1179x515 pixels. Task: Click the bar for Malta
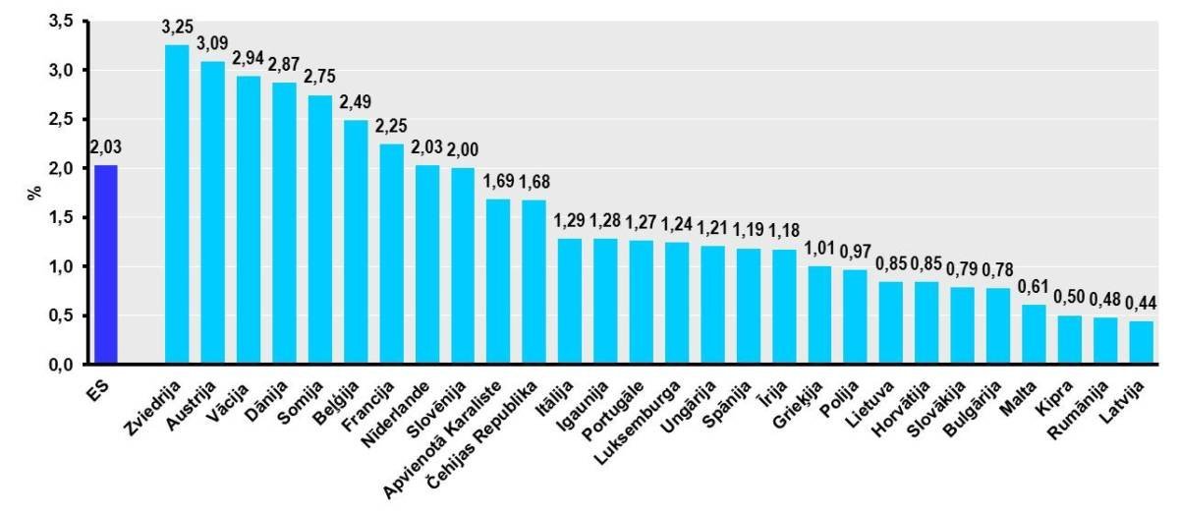[1034, 334]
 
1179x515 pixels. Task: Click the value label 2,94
[248, 59]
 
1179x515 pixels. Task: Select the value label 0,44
[1141, 303]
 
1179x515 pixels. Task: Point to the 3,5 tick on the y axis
[61, 21]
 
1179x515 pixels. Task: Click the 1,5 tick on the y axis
[61, 217]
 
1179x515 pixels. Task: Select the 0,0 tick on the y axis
[61, 365]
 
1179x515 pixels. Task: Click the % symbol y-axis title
[32, 193]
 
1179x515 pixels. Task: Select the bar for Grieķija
[819, 315]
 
